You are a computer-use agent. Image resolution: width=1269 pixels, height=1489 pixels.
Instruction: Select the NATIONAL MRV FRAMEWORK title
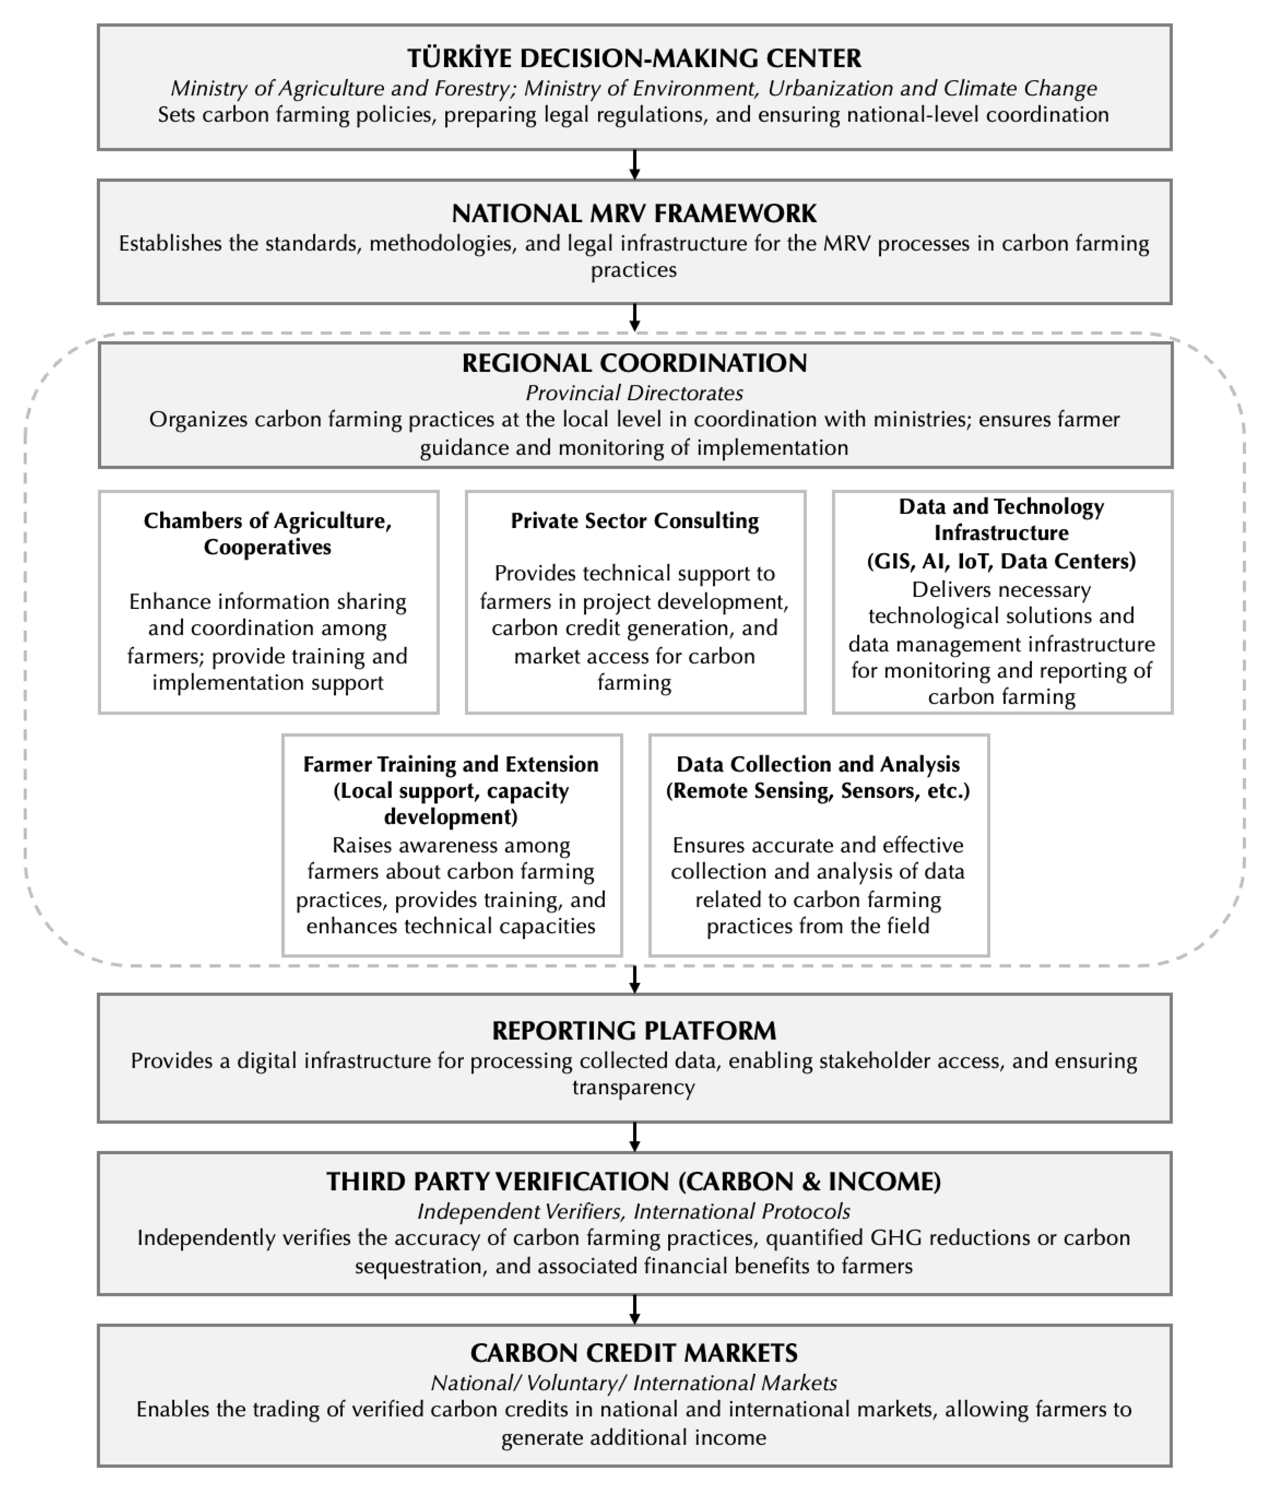[x=634, y=213]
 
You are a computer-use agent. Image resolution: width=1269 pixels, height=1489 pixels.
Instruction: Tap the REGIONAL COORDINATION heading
[x=634, y=363]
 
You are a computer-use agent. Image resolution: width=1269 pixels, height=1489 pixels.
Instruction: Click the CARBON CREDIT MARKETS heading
[x=634, y=1353]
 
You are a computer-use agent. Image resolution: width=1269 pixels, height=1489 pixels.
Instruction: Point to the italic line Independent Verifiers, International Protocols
[x=634, y=1212]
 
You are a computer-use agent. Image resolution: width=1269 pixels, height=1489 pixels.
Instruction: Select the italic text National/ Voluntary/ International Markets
[x=634, y=1383]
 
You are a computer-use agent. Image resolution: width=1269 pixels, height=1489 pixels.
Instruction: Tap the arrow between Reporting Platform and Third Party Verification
[x=634, y=1137]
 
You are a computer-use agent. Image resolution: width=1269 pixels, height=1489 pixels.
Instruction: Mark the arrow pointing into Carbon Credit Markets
[x=634, y=1309]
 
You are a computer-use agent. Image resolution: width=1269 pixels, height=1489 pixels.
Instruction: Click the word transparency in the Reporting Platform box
[x=634, y=1087]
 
